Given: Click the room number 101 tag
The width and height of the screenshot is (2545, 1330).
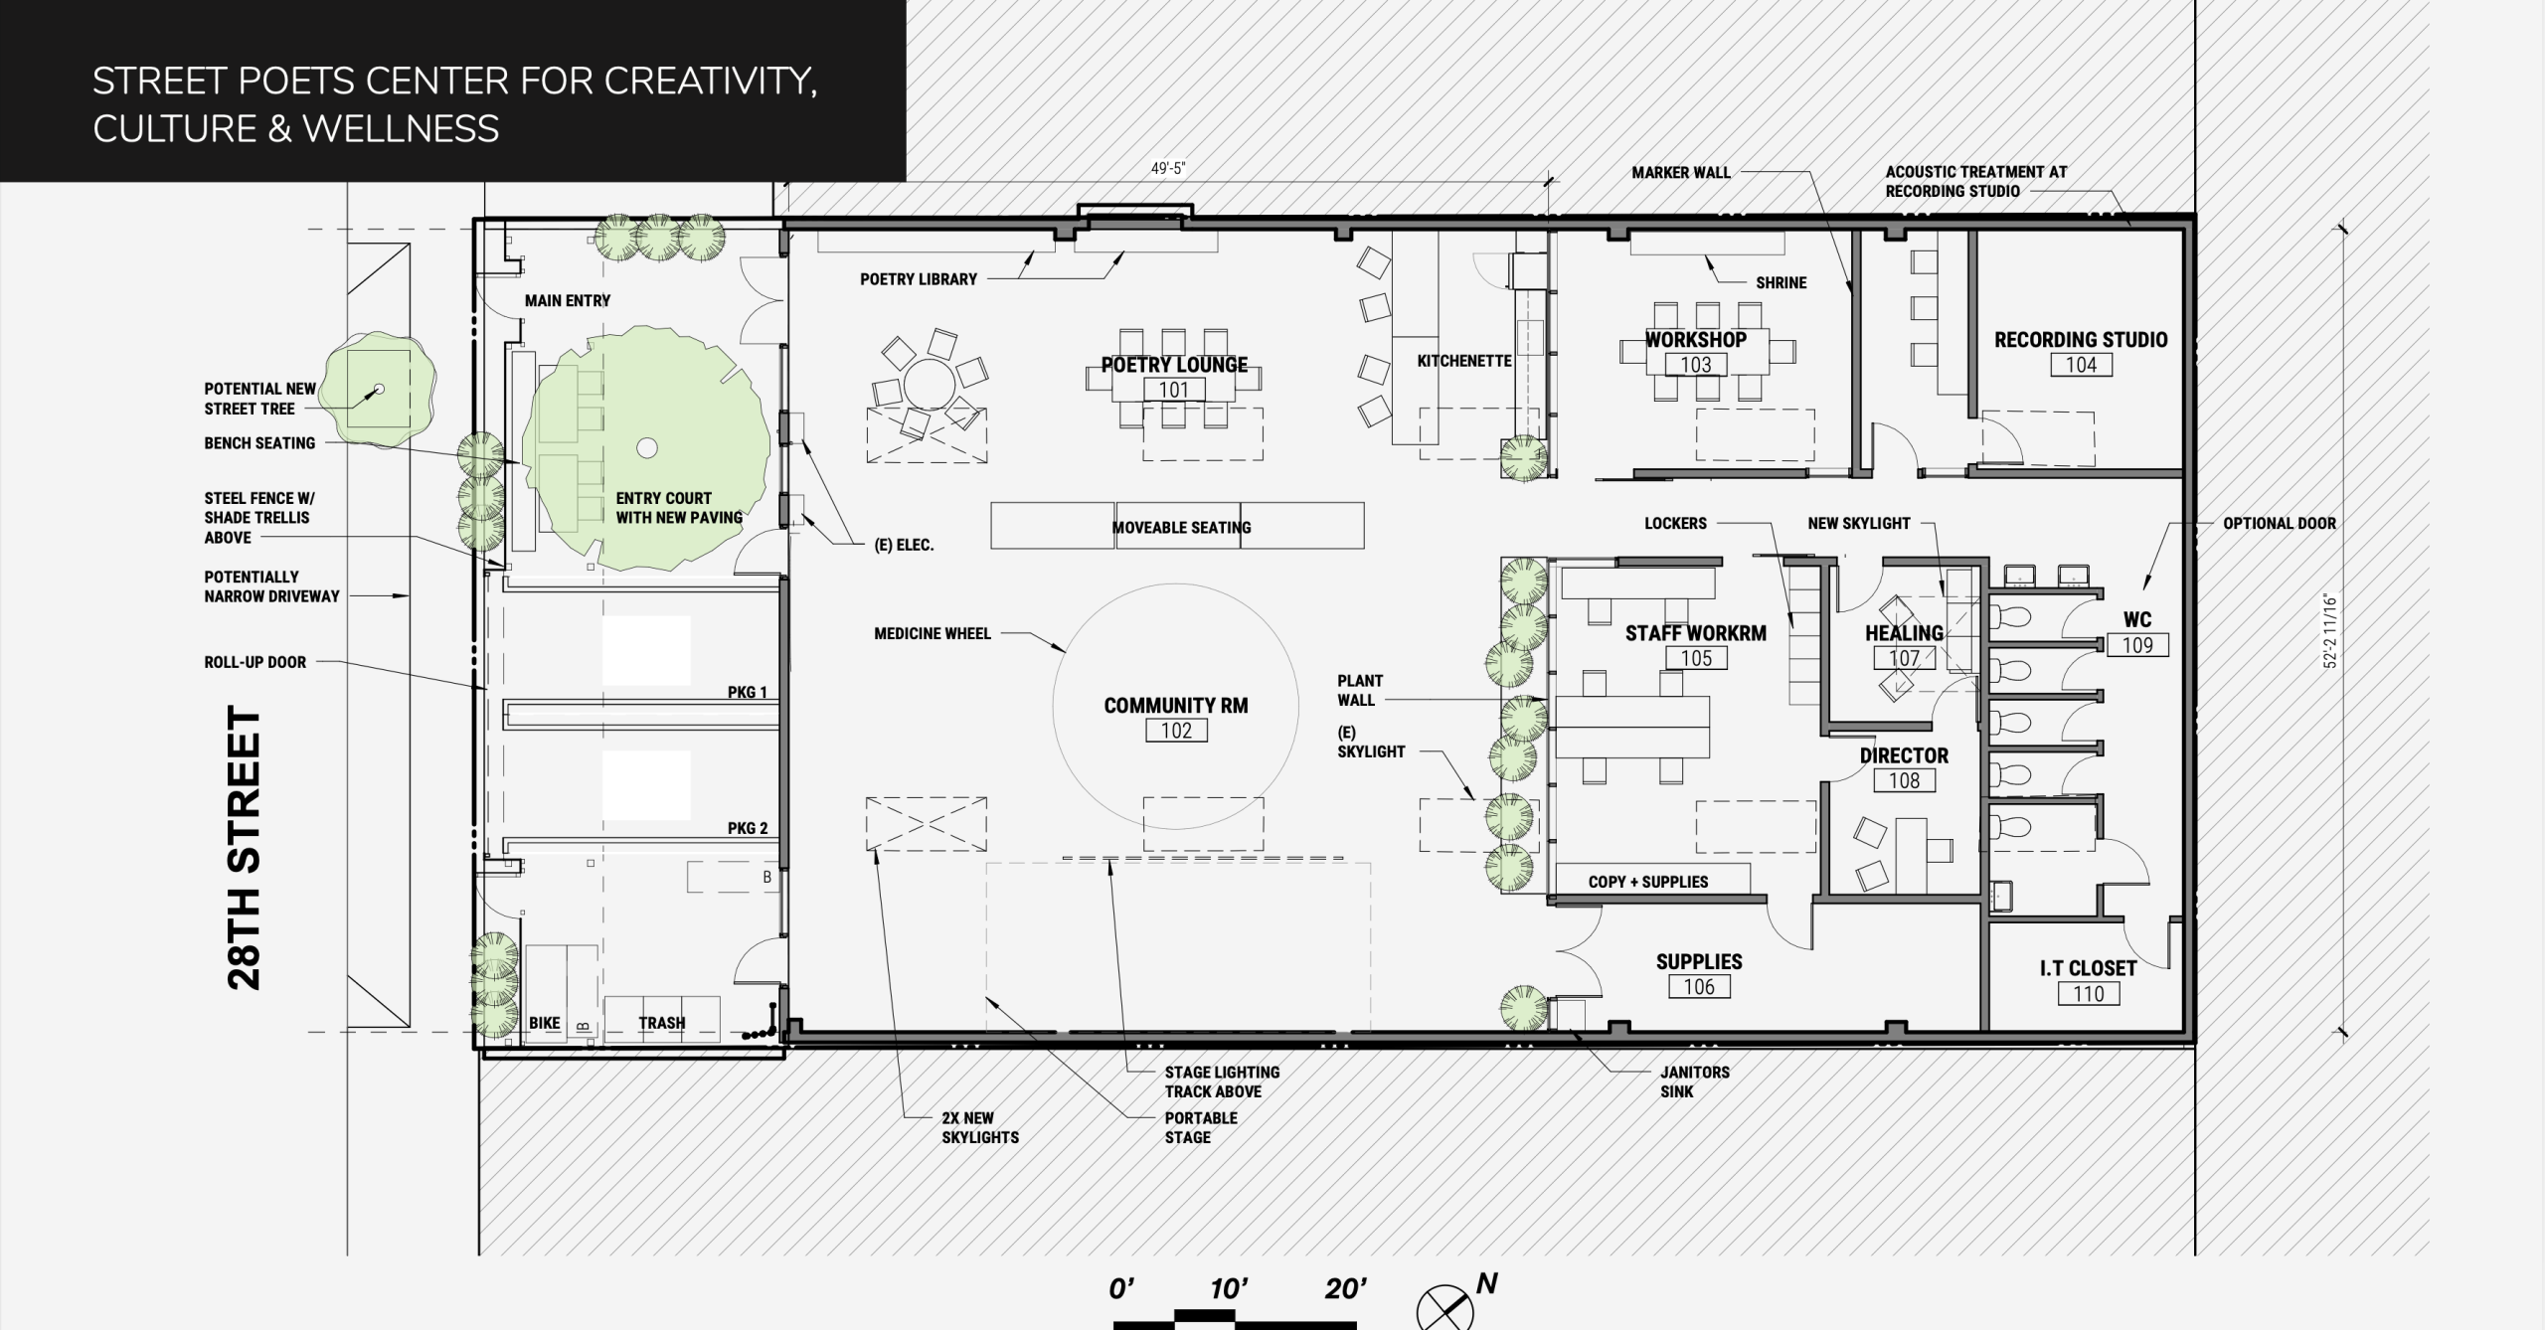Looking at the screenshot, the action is click(1174, 390).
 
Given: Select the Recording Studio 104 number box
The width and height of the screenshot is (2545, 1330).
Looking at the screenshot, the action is click(2081, 365).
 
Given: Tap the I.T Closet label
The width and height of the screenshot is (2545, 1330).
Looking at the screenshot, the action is click(2088, 967).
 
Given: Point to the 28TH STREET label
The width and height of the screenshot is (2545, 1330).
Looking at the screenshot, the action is click(245, 848).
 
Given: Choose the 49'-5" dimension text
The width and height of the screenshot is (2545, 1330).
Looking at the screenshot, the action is click(1168, 169).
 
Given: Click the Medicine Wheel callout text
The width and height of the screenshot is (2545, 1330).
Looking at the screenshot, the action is click(933, 633).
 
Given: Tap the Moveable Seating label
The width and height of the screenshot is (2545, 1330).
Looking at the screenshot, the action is click(1181, 528).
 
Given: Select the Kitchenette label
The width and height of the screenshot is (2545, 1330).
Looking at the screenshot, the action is click(1464, 361).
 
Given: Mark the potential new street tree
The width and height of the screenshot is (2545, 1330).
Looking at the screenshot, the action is click(378, 389).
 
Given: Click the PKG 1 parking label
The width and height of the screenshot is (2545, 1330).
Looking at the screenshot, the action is click(748, 692).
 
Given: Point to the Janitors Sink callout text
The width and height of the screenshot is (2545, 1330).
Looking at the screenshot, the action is click(1694, 1081).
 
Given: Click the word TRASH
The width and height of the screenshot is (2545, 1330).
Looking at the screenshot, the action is click(662, 1023).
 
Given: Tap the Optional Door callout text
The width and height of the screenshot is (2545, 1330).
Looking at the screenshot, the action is click(2280, 523).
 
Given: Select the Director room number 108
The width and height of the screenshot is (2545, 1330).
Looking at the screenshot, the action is click(1904, 781).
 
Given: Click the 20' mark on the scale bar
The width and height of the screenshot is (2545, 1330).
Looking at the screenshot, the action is click(1345, 1289).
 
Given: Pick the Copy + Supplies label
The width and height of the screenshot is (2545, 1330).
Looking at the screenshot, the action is click(1648, 882).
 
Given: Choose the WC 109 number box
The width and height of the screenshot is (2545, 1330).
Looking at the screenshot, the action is click(2137, 645).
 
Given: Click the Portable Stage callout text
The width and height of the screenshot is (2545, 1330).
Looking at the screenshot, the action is click(1201, 1127).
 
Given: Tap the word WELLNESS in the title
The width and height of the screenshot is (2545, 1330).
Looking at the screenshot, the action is click(401, 128).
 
